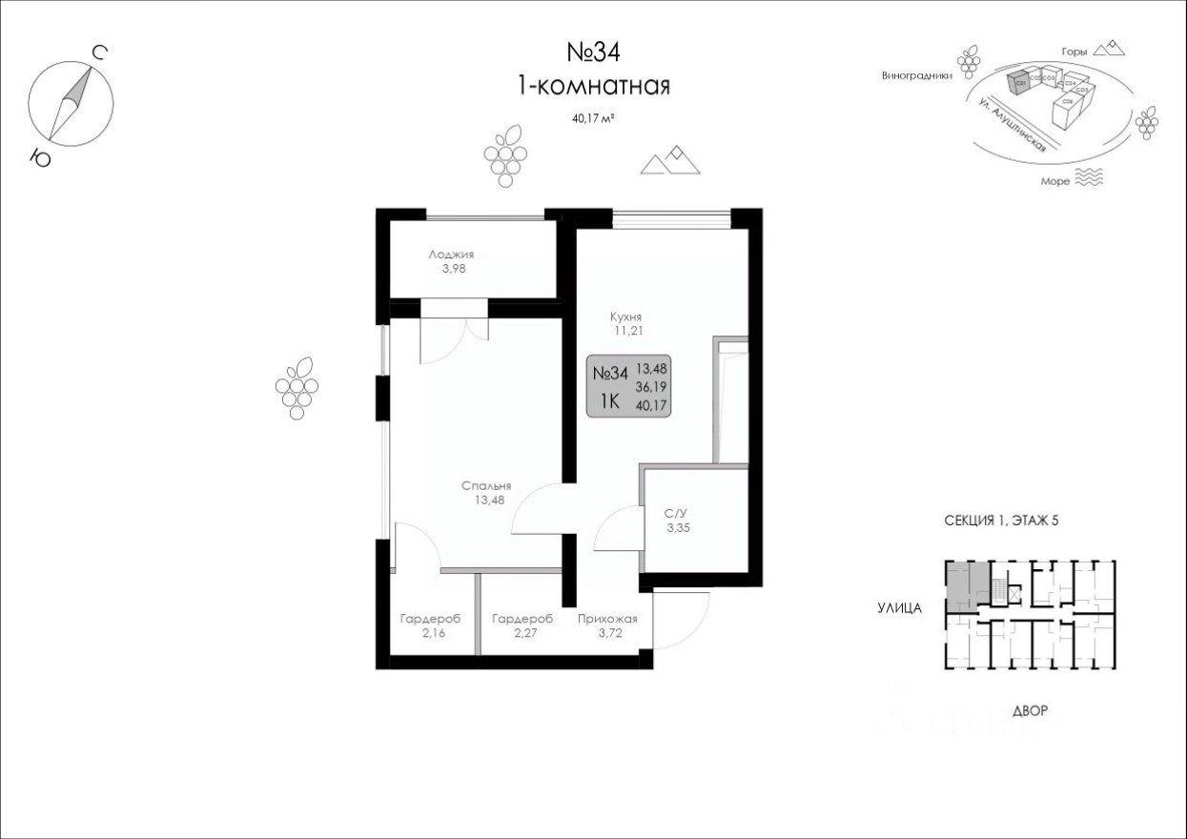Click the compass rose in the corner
coord(72,101)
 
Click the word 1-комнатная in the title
coord(593,86)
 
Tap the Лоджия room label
coord(451,261)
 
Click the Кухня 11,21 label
coord(625,324)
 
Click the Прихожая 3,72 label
coord(607,625)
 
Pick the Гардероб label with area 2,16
coord(430,625)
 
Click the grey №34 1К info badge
coord(628,387)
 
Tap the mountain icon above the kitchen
coord(671,161)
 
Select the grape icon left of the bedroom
coord(297,387)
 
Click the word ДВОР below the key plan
coord(1032,711)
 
